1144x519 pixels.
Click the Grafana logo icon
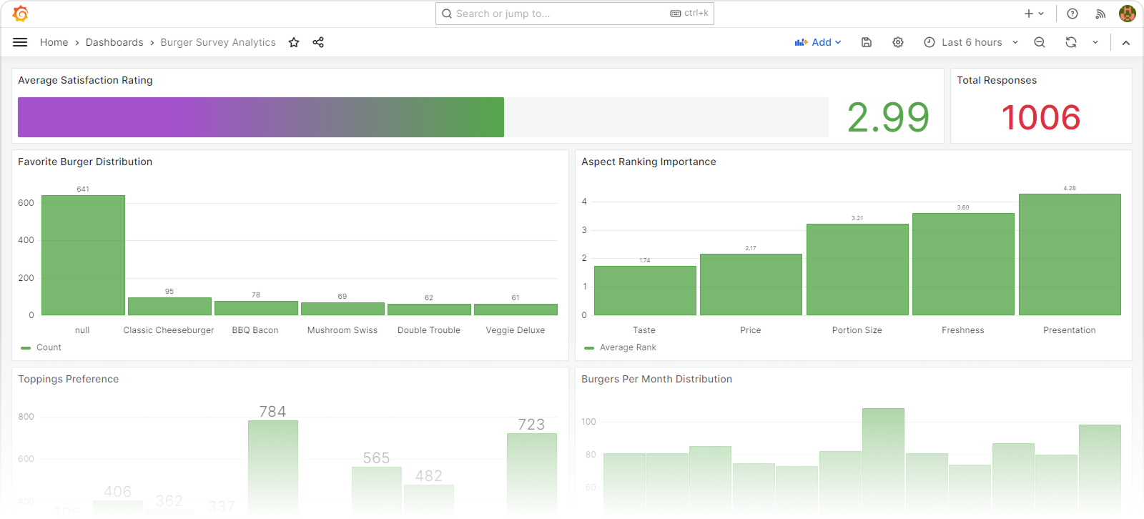[21, 14]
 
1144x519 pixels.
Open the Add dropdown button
[818, 42]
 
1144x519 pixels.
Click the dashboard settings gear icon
[898, 42]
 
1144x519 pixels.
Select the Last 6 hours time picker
[971, 42]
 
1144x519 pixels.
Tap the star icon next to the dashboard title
[294, 42]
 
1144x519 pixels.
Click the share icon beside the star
[318, 42]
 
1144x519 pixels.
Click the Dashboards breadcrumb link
[114, 42]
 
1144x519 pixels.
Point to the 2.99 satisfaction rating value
[888, 117]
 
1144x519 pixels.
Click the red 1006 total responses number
[1040, 117]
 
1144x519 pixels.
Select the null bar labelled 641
[83, 255]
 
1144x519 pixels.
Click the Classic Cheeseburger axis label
[169, 330]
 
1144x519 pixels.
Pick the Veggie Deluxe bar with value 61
[516, 310]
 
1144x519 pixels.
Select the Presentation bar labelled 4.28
[1070, 254]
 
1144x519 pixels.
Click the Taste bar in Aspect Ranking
[645, 290]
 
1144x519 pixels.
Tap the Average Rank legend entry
[627, 347]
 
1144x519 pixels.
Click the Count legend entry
[48, 347]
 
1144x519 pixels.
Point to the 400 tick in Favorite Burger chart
[26, 240]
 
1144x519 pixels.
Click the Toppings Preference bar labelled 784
[272, 465]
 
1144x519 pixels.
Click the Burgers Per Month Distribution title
[656, 379]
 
